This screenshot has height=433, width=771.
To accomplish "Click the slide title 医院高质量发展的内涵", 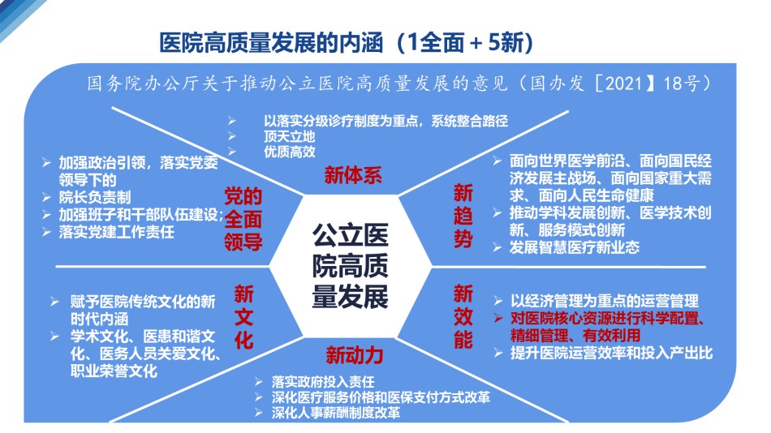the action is tap(271, 42).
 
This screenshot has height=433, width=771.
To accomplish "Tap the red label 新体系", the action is tap(353, 175).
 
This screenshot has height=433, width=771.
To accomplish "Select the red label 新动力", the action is tap(354, 355).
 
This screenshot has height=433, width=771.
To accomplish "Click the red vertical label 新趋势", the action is tap(463, 216).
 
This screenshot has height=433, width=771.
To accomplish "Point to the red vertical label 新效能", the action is tap(463, 316).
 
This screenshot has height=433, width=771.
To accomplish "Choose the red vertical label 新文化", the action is tap(244, 317).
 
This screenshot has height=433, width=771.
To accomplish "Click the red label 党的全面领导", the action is tap(243, 219).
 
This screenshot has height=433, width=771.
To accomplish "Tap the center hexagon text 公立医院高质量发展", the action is tap(350, 265).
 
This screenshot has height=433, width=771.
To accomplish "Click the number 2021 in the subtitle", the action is tap(623, 83).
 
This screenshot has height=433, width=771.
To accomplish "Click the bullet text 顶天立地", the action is tap(289, 136).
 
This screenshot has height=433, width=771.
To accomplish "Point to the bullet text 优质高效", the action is tap(289, 152).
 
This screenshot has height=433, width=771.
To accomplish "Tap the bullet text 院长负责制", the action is tap(95, 197).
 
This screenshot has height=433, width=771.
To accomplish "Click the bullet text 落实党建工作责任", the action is tap(117, 231).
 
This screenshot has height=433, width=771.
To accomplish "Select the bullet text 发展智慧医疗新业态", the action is tap(575, 247).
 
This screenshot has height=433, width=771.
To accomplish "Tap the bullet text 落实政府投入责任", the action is tap(323, 381).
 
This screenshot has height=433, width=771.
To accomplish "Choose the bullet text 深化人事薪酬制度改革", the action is tap(336, 412).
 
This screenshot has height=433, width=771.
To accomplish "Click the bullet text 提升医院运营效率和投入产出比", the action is tap(611, 353).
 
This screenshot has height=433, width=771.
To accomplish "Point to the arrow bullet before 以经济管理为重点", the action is tap(498, 301).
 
